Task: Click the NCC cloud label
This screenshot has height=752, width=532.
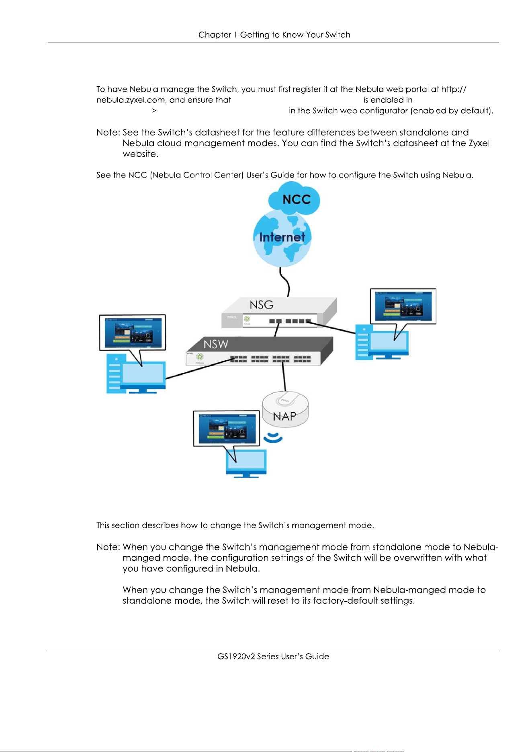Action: coord(297,200)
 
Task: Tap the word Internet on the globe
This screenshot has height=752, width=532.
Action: coord(282,237)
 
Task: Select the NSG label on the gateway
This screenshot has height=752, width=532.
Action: coord(262,305)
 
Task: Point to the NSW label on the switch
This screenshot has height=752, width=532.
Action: coord(216,344)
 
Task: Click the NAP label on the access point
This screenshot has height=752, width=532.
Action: coord(284,416)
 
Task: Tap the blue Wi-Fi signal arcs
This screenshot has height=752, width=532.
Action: coord(273,437)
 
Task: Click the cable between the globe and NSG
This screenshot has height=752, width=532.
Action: coord(286,282)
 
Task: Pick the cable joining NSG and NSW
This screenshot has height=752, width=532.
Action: coord(277,329)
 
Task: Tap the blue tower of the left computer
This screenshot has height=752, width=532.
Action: coord(114,373)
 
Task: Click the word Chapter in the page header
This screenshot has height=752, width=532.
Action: coord(215,35)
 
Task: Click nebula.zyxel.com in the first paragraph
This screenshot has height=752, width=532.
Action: coord(131,100)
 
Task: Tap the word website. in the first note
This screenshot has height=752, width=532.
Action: coord(141,154)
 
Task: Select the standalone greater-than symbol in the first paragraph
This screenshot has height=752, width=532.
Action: coord(154,111)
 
